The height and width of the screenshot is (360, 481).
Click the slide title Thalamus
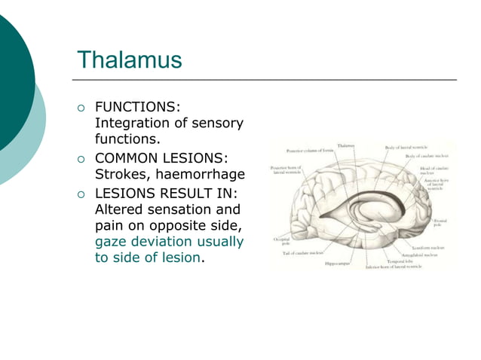click(130, 59)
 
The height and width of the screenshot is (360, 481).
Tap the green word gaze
click(112, 242)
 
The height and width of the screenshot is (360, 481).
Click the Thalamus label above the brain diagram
click(346, 145)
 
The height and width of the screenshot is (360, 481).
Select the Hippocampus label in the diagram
click(337, 264)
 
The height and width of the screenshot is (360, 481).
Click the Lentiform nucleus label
click(432, 247)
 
